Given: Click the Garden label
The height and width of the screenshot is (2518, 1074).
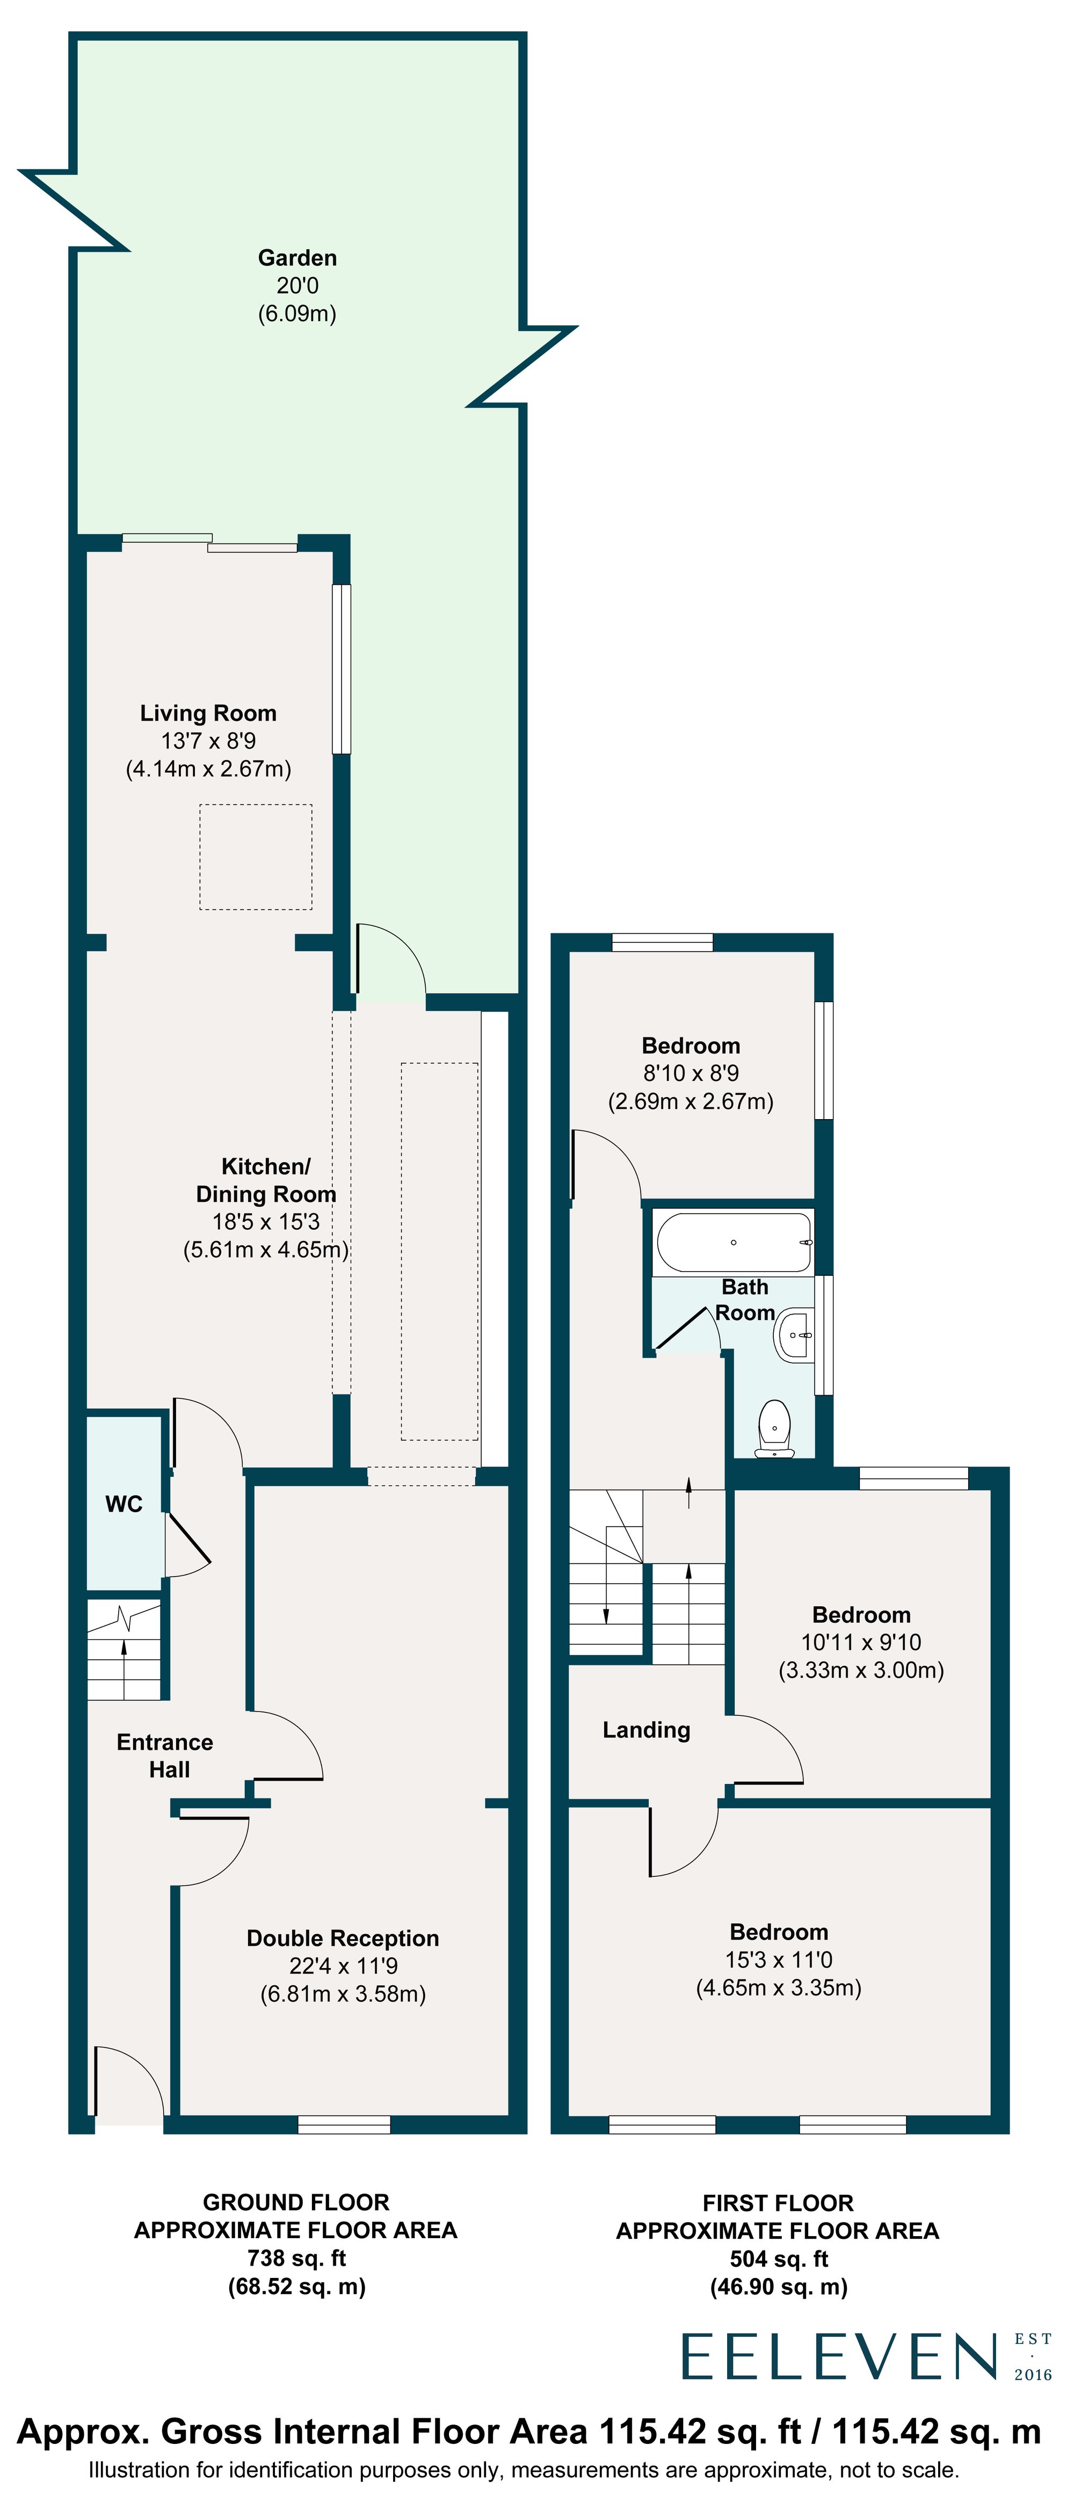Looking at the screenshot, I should (x=297, y=258).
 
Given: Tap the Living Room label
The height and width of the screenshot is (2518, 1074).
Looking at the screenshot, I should (x=208, y=714).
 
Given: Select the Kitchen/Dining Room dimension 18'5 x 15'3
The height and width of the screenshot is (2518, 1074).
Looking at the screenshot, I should (x=266, y=1222).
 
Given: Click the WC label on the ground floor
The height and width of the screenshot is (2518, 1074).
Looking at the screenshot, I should (x=124, y=1504).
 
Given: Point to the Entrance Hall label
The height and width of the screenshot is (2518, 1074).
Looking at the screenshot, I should (x=165, y=1755).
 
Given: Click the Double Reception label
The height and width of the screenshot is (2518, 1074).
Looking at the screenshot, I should (x=343, y=1939).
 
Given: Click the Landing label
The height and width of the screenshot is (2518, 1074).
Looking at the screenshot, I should (x=646, y=1730).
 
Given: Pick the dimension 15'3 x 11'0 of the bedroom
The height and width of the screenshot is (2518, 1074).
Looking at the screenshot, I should (x=779, y=1960).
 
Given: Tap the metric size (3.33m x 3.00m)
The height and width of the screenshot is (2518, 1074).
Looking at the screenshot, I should (x=861, y=1671).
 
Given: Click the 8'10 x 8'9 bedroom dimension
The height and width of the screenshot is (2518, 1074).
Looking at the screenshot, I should (x=691, y=1073).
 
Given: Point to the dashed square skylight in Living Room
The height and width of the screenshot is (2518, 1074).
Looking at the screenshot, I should (x=256, y=857).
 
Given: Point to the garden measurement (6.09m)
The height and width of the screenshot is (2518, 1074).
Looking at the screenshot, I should (x=297, y=314).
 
